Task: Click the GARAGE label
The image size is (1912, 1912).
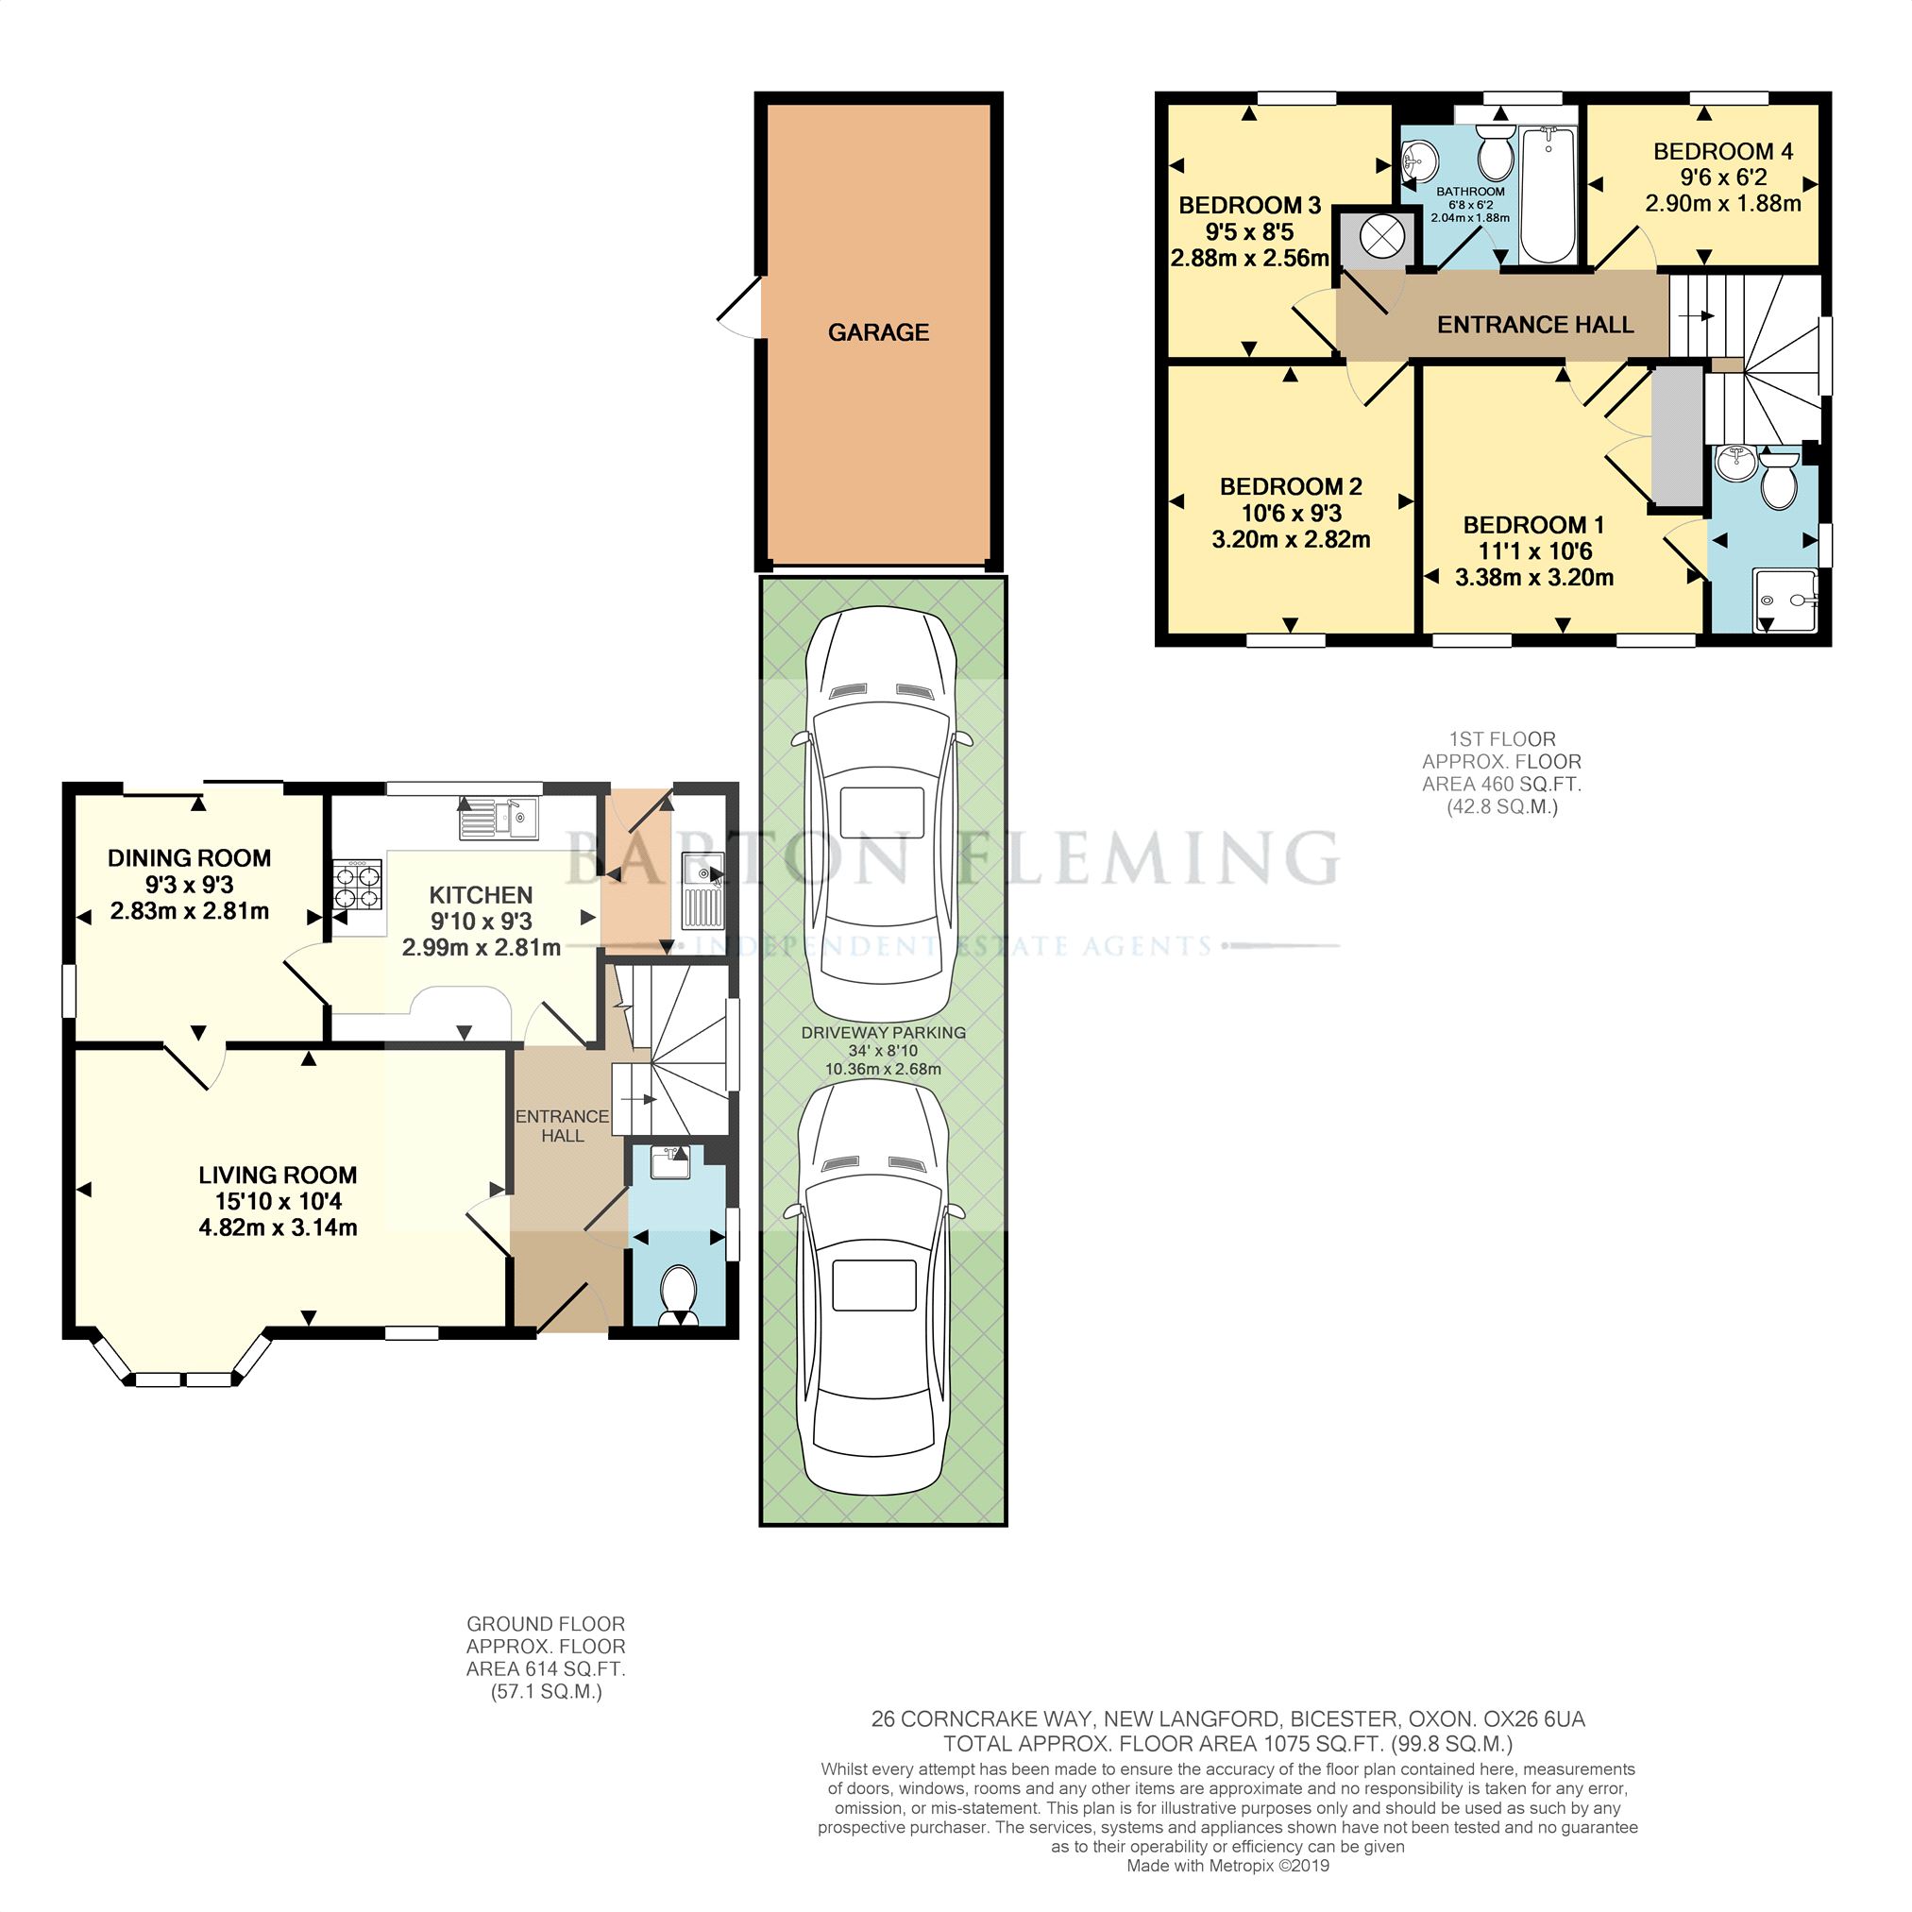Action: point(878,332)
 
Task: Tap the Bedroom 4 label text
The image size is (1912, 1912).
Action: point(1723,151)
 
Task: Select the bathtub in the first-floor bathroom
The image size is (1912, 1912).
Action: point(1548,195)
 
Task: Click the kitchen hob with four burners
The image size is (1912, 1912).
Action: point(358,885)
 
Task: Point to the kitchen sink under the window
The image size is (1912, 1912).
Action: point(499,819)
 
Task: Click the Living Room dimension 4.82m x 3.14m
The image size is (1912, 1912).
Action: point(279,1228)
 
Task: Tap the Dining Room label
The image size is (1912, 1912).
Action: point(189,858)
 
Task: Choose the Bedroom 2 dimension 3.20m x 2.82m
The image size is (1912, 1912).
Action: point(1291,540)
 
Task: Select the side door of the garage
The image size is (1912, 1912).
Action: point(739,307)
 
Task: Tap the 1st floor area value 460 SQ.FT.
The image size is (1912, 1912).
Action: point(1526,785)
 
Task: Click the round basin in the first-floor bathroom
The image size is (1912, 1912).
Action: point(1420,157)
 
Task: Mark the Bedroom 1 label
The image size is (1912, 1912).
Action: point(1533,526)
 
